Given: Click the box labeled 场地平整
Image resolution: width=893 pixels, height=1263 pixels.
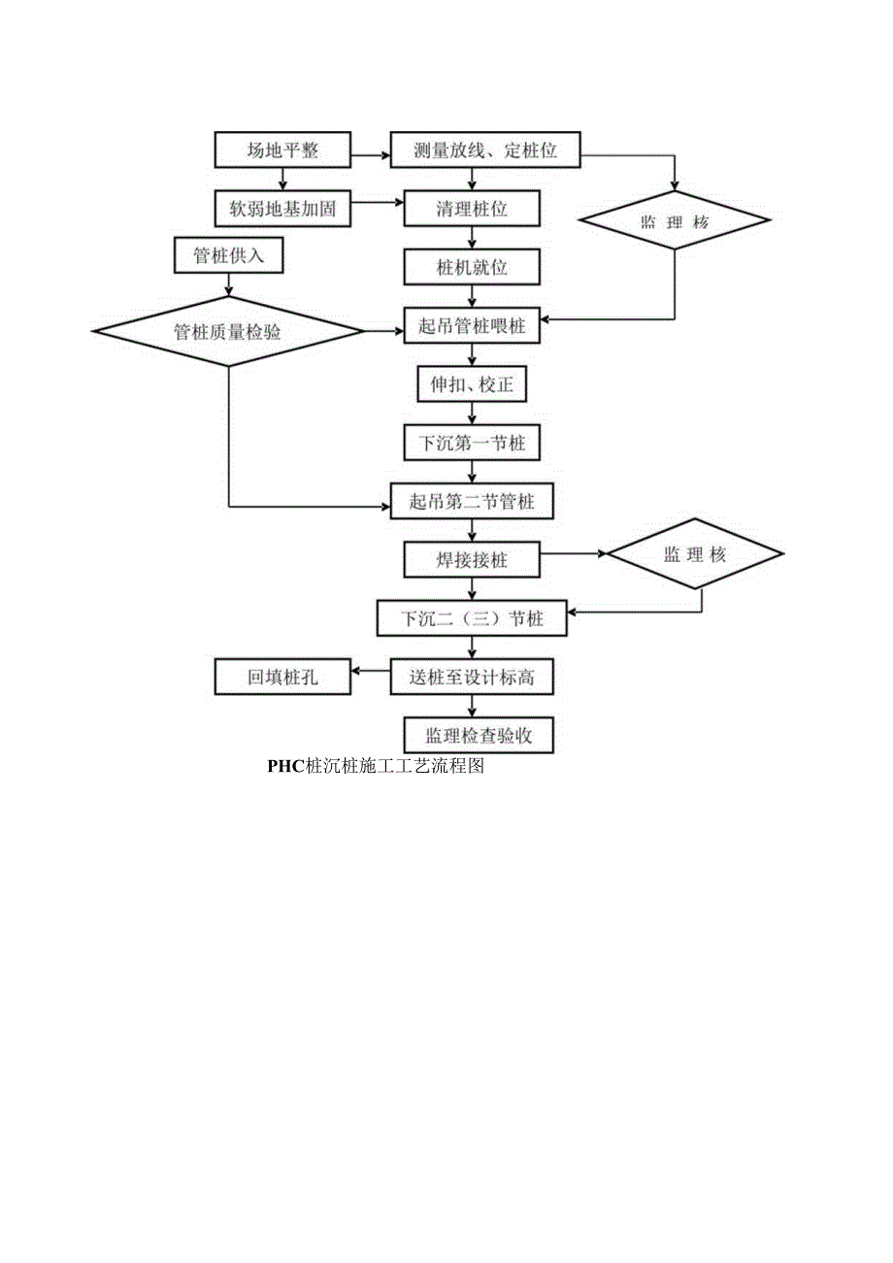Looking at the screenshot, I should point(282,150).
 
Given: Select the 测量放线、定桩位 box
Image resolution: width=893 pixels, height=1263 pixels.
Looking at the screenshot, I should point(484,150).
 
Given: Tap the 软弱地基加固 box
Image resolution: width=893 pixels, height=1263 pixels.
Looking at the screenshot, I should point(282,208).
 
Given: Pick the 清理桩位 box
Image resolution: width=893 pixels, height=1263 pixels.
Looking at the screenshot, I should point(472,208).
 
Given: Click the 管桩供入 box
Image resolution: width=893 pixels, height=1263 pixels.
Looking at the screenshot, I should point(230,255).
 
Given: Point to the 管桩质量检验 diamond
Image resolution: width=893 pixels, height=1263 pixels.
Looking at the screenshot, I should point(228,332).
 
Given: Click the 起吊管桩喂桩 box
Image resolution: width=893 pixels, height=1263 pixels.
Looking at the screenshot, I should point(472,327).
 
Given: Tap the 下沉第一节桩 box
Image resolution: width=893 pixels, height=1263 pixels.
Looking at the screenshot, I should point(472,443).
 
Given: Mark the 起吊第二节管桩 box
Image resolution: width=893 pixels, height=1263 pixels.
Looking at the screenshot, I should point(472,502).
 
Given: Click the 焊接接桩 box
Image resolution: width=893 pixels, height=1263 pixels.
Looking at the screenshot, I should point(472,560).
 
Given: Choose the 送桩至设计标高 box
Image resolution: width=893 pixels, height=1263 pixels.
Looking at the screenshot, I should point(472,678).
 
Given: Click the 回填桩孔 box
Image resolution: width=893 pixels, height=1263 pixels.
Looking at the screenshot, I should point(282,678).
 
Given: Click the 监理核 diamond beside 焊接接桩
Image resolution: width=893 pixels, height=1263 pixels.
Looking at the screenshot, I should point(695,555).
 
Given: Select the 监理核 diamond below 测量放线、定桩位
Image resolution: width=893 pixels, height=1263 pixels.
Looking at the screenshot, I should point(676,222).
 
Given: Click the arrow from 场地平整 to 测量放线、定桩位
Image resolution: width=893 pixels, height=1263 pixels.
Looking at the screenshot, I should point(369,153).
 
